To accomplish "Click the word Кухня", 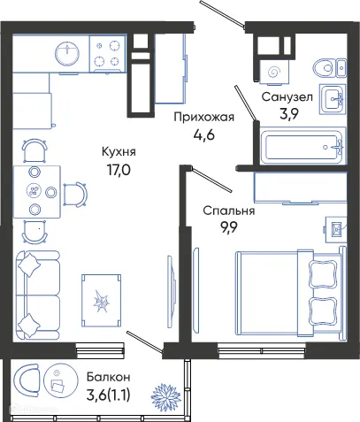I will tap(118, 151).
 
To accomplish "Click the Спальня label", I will tap(228, 211).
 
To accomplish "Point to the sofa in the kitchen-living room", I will tap(37, 293).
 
